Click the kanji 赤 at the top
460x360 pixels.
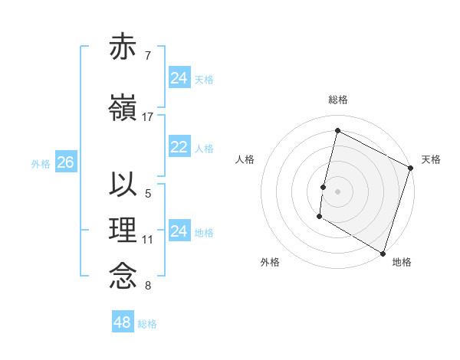pyautogui.click(x=123, y=47)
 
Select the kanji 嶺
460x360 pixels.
pyautogui.click(x=123, y=108)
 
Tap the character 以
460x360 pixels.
pyautogui.click(x=123, y=185)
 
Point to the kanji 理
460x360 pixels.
pyautogui.click(x=123, y=231)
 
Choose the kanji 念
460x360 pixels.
pyautogui.click(x=123, y=276)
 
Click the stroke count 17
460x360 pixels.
pyautogui.click(x=148, y=117)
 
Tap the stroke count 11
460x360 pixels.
pyautogui.click(x=148, y=240)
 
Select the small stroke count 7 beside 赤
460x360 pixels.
pyautogui.click(x=148, y=56)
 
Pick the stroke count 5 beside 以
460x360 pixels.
pyautogui.click(x=148, y=194)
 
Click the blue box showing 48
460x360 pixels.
pyautogui.click(x=123, y=322)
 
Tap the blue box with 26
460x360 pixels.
pyautogui.click(x=65, y=162)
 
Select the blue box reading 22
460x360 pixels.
pyautogui.click(x=179, y=147)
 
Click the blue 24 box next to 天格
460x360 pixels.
pyautogui.click(x=179, y=78)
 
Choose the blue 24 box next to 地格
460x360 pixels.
pyautogui.click(x=179, y=231)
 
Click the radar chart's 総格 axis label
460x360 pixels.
pyautogui.click(x=338, y=100)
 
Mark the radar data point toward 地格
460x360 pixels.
pyautogui.click(x=383, y=253)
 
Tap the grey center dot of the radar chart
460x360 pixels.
pyautogui.click(x=337, y=191)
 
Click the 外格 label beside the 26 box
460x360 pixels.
pyautogui.click(x=41, y=163)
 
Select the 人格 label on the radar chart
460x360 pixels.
pyautogui.click(x=245, y=159)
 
